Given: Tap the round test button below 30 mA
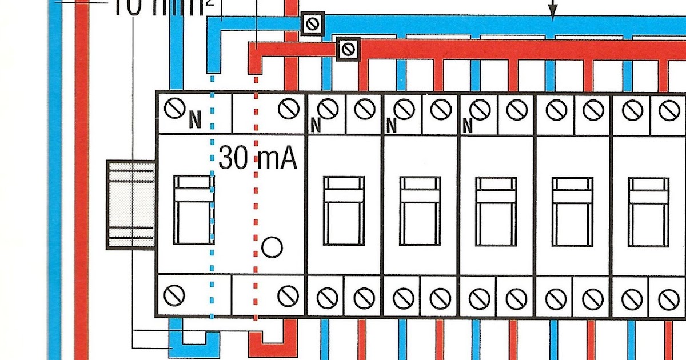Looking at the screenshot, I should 272,247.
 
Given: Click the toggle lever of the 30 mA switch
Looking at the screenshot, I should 193,210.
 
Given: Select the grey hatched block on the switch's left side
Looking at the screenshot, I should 131,205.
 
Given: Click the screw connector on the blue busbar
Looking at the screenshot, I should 313,24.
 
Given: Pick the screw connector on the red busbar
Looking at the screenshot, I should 348,49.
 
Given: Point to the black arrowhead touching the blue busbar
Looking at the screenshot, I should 552,13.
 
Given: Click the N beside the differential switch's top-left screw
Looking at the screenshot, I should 196,120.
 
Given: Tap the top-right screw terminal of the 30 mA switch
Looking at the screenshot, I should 287,109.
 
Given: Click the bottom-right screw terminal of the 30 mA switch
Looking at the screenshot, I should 287,295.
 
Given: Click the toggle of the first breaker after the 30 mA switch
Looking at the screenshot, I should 344,210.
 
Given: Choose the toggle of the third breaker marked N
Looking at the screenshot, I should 496,210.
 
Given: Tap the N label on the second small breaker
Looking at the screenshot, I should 391,125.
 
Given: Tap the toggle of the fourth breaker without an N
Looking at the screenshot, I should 572,210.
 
